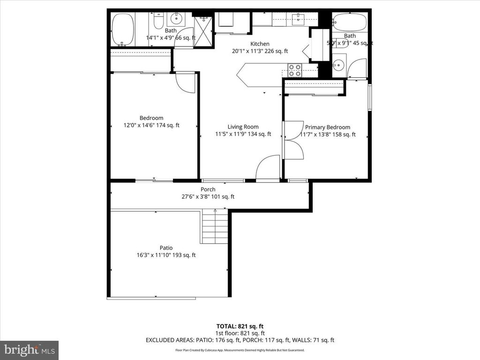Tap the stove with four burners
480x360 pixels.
(294, 70)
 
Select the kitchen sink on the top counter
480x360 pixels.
(298, 19)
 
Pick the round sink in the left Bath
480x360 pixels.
(177, 19)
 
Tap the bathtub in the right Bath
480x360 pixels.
(350, 21)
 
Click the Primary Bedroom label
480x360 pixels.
(327, 127)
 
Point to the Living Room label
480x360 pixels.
(243, 127)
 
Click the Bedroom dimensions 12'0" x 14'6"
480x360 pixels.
(151, 126)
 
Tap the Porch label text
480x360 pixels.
(208, 189)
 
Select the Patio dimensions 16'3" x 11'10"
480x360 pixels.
(166, 255)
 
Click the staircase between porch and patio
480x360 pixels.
(215, 227)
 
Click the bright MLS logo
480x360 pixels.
(29, 350)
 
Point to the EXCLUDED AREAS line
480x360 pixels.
(240, 340)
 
